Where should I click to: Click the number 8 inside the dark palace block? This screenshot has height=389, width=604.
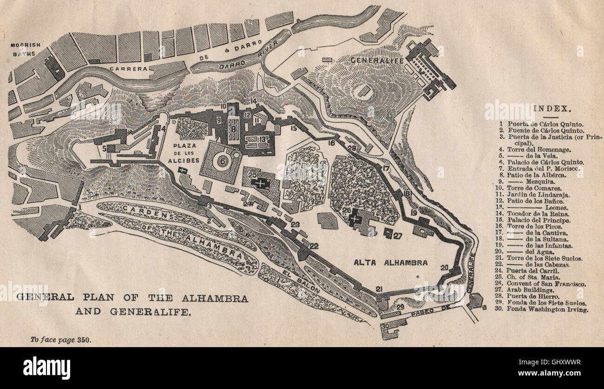point(234,125)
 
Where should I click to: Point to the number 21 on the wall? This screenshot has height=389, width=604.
point(379,289)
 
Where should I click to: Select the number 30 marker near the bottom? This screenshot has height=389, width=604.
point(384,327)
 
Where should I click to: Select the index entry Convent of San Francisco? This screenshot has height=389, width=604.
point(546,283)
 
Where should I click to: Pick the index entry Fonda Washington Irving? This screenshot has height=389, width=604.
point(547,309)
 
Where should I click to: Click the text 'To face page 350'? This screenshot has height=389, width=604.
point(60,339)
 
